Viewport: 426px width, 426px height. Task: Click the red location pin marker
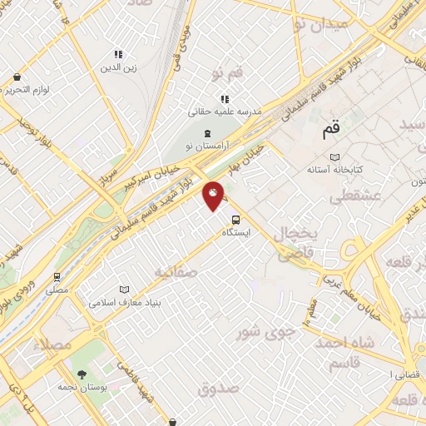click(214, 196)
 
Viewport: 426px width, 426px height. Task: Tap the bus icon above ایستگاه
click(236, 220)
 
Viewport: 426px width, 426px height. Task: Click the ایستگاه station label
click(237, 234)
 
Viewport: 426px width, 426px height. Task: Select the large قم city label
click(330, 131)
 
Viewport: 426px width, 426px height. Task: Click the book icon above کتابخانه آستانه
click(334, 156)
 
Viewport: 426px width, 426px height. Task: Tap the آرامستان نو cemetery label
click(207, 146)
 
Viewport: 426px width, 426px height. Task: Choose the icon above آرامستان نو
click(207, 133)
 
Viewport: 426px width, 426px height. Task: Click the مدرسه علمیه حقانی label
click(225, 111)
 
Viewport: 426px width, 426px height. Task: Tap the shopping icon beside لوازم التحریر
click(17, 77)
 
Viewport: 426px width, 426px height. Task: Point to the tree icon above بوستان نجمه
click(82, 374)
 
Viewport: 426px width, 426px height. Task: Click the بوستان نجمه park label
click(82, 388)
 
